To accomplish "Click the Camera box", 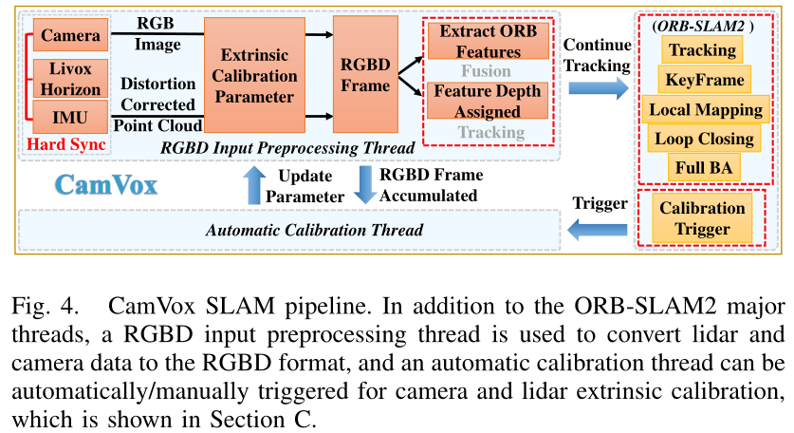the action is [x=70, y=34].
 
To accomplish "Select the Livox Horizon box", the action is [x=70, y=78].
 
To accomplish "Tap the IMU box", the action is [x=70, y=117].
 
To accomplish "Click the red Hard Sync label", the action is [x=66, y=144].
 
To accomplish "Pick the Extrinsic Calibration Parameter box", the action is [x=254, y=75].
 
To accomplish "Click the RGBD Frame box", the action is [x=365, y=74].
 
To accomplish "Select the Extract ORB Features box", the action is [x=489, y=41].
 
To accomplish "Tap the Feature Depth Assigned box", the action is [x=488, y=101].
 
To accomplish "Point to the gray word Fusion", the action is [x=486, y=71].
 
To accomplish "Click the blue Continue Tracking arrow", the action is [x=598, y=87].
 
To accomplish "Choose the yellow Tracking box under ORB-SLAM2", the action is [x=702, y=49].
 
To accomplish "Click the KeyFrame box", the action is [x=705, y=80].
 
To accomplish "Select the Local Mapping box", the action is [x=706, y=109].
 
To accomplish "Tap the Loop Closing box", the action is [x=705, y=139].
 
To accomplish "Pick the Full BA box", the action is [x=704, y=167].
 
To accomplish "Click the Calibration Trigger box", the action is [x=702, y=218].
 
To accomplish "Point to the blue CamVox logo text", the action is [x=106, y=184].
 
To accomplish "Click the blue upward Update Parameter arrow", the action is [x=254, y=185].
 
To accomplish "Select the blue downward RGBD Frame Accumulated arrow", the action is [x=364, y=185].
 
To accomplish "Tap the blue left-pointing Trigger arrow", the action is [x=598, y=230].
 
